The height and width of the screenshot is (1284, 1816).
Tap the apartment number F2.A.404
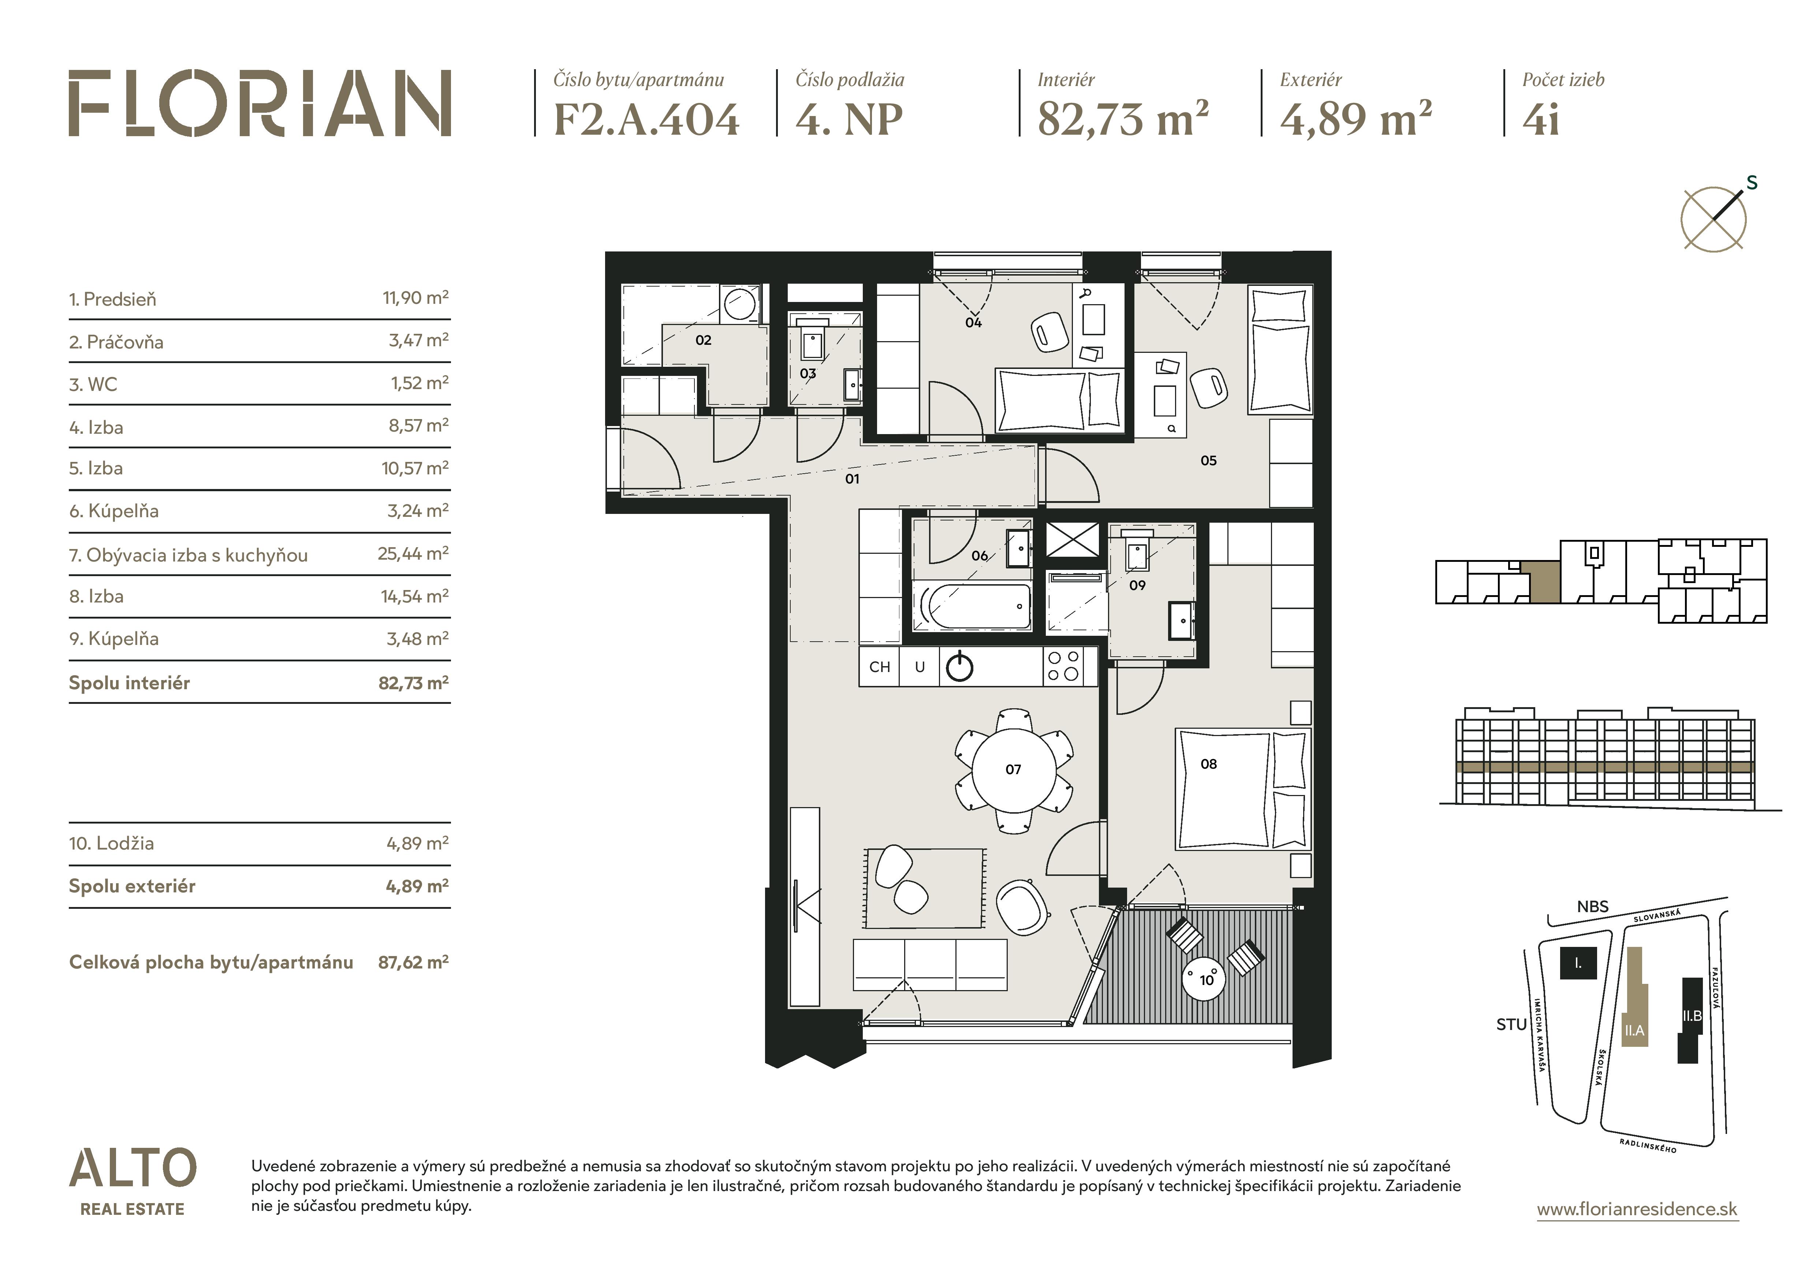point(646,119)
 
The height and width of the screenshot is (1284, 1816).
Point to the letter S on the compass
point(1752,183)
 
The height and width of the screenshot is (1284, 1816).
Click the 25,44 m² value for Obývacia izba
point(413,553)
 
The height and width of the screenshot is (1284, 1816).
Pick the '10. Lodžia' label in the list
point(112,844)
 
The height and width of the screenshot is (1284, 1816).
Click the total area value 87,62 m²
point(413,962)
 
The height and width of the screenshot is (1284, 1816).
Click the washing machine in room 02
point(740,305)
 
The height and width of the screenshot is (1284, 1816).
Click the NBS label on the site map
point(1592,907)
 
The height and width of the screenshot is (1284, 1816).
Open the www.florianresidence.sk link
point(1637,1209)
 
